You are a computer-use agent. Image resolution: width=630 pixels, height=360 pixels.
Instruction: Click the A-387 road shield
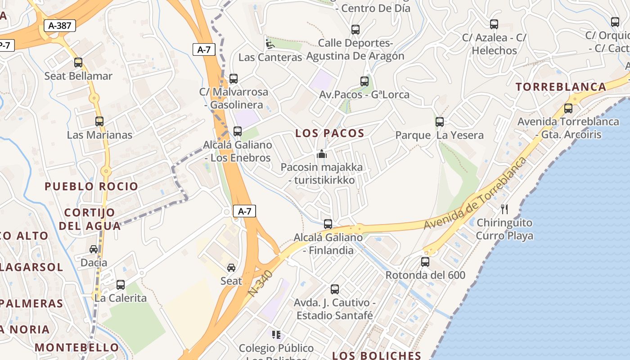tap(60, 26)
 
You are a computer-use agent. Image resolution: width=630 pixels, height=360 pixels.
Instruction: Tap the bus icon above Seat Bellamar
tap(78, 63)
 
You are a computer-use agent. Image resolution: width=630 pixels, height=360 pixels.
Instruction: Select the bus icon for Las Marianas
tap(99, 121)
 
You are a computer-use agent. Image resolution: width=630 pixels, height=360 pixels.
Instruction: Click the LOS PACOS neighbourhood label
tap(330, 133)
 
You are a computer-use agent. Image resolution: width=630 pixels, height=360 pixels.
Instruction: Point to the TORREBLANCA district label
tap(561, 87)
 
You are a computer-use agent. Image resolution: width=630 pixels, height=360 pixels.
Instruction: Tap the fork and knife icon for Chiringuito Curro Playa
tap(504, 209)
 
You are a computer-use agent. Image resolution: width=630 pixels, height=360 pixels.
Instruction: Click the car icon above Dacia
tap(94, 249)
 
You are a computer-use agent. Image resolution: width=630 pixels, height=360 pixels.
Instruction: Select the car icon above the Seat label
tap(231, 268)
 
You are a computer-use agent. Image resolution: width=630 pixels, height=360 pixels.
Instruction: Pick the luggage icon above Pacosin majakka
tap(321, 155)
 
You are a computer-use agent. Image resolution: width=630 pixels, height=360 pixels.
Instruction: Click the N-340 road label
tap(261, 283)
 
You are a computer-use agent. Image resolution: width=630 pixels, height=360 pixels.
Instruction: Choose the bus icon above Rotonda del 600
tap(425, 261)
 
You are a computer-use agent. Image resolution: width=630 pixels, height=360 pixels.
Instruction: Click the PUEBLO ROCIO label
tap(91, 186)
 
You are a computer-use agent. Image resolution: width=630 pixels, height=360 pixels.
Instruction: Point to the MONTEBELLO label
tap(77, 347)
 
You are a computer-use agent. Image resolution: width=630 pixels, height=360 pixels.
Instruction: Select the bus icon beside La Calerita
tap(121, 284)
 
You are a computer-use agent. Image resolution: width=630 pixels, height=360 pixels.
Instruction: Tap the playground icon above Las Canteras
tap(270, 44)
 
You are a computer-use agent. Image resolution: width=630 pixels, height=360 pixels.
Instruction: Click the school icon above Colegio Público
tap(276, 335)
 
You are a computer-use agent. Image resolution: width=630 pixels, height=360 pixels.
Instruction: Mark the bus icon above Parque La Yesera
tap(440, 121)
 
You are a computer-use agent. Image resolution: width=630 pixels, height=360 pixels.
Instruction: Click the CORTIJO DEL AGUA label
tap(89, 219)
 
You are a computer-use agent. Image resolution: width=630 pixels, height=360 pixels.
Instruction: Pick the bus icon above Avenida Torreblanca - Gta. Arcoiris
tap(568, 108)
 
